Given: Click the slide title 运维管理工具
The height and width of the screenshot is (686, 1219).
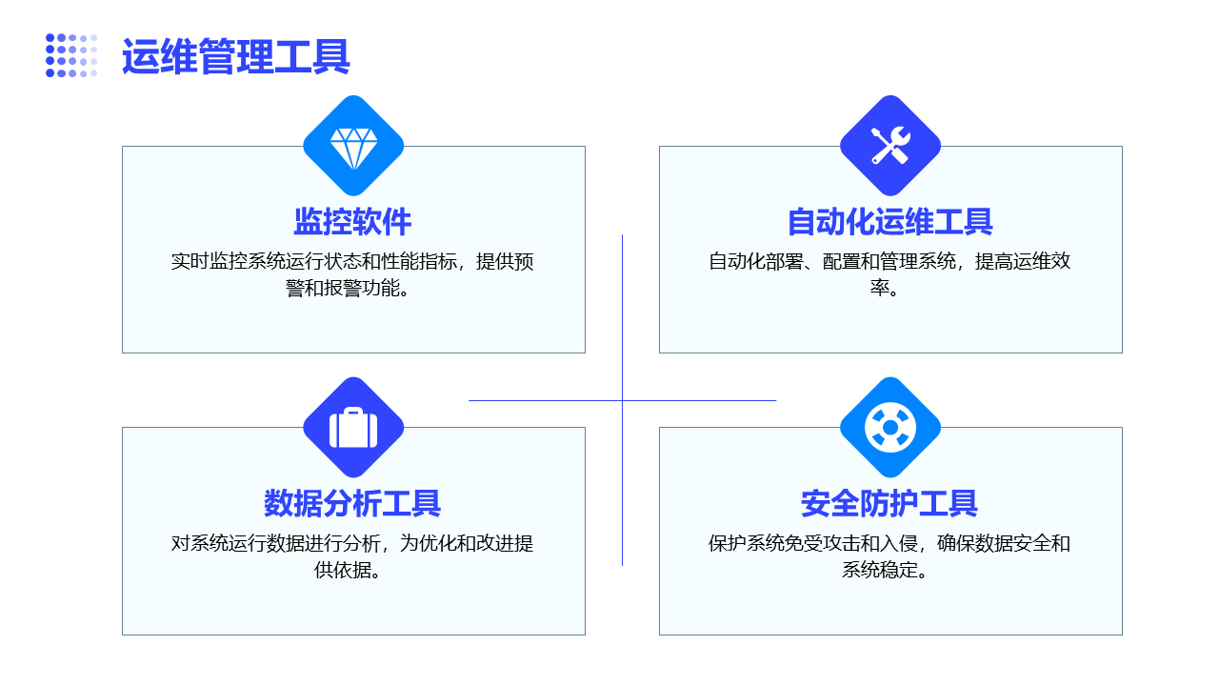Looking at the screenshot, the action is pyautogui.click(x=235, y=56).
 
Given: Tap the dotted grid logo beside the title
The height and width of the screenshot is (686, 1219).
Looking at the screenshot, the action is pyautogui.click(x=71, y=55).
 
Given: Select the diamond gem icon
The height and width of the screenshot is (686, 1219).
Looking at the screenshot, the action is pyautogui.click(x=353, y=149).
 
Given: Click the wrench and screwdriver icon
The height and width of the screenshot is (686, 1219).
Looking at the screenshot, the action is pyautogui.click(x=890, y=146).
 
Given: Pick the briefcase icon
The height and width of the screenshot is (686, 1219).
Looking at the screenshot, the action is pyautogui.click(x=353, y=428).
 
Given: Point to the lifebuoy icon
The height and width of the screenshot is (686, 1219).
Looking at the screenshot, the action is pyautogui.click(x=890, y=428).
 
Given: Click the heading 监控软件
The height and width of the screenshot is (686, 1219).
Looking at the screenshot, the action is pyautogui.click(x=352, y=222).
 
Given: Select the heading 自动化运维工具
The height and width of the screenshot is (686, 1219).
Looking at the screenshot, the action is pyautogui.click(x=890, y=222).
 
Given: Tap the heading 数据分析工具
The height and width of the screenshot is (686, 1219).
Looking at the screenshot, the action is pyautogui.click(x=352, y=503).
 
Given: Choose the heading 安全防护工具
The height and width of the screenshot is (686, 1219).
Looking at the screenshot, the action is pyautogui.click(x=889, y=503).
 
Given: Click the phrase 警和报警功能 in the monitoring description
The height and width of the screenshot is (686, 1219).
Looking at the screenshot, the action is pyautogui.click(x=343, y=288).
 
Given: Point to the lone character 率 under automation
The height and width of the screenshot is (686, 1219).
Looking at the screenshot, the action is pyautogui.click(x=880, y=288).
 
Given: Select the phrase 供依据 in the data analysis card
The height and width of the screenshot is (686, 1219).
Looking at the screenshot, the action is pyautogui.click(x=343, y=570).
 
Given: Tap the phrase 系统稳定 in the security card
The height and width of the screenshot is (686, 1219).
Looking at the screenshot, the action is pyautogui.click(x=880, y=570).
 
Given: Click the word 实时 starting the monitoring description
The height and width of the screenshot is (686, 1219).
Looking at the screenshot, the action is pyautogui.click(x=190, y=261).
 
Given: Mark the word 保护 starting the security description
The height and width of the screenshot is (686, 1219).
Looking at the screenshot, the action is pyautogui.click(x=727, y=543).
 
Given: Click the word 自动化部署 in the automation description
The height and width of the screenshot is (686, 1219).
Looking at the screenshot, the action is pyautogui.click(x=756, y=261).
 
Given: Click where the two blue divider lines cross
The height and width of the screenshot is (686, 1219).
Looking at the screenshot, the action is pyautogui.click(x=622, y=401).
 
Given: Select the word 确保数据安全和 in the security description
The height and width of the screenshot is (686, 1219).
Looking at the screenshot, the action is pyautogui.click(x=1004, y=543).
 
